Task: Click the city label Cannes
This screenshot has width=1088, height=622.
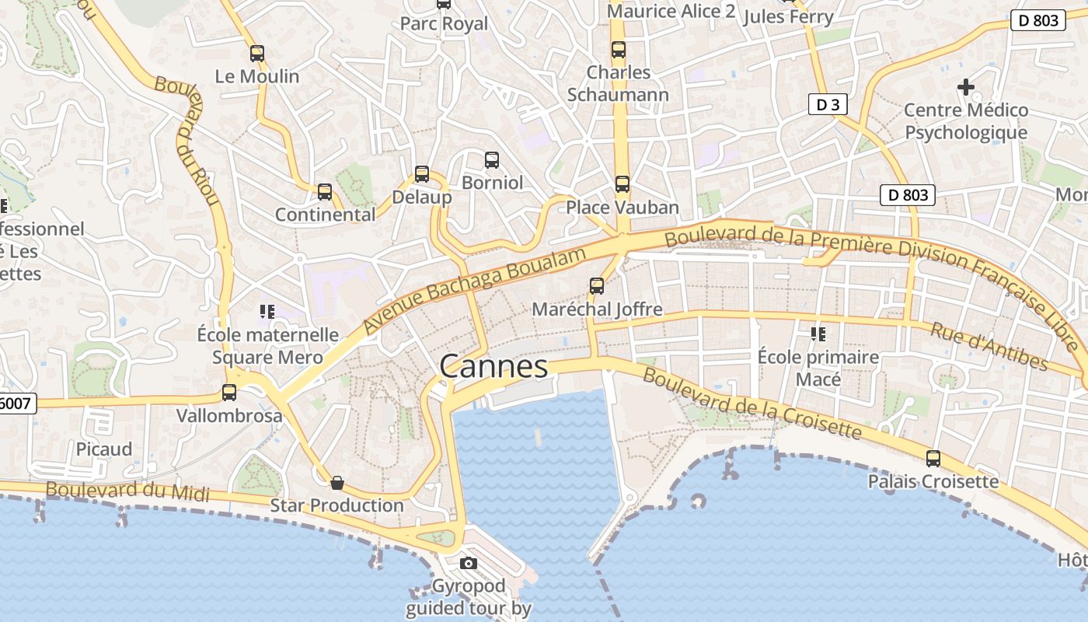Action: (x=493, y=366)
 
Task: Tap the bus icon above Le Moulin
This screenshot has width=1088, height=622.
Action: (x=257, y=54)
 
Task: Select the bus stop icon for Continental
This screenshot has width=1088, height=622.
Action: (x=325, y=191)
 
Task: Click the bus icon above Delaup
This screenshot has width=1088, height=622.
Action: (x=422, y=174)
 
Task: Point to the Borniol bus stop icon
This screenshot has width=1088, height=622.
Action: (x=492, y=160)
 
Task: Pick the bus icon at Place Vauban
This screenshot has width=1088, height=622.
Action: (x=622, y=184)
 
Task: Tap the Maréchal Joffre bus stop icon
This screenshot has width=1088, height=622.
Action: (x=597, y=286)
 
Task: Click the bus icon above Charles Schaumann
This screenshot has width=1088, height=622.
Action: (x=619, y=50)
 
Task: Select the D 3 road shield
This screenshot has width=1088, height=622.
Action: (x=827, y=104)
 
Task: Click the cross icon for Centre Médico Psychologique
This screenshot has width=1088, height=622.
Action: (x=965, y=87)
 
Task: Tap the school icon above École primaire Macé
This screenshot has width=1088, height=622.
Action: (x=818, y=334)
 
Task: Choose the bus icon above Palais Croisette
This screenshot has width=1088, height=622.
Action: (x=933, y=459)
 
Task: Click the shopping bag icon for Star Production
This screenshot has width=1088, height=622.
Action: (x=337, y=483)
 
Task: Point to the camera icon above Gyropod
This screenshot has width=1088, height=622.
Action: (x=468, y=563)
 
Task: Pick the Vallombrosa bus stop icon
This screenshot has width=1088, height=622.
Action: (x=229, y=393)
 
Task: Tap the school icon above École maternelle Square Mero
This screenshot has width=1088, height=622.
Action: (x=267, y=312)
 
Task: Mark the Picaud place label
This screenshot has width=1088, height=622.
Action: (x=104, y=449)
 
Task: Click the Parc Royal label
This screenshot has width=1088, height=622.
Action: (x=444, y=24)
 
